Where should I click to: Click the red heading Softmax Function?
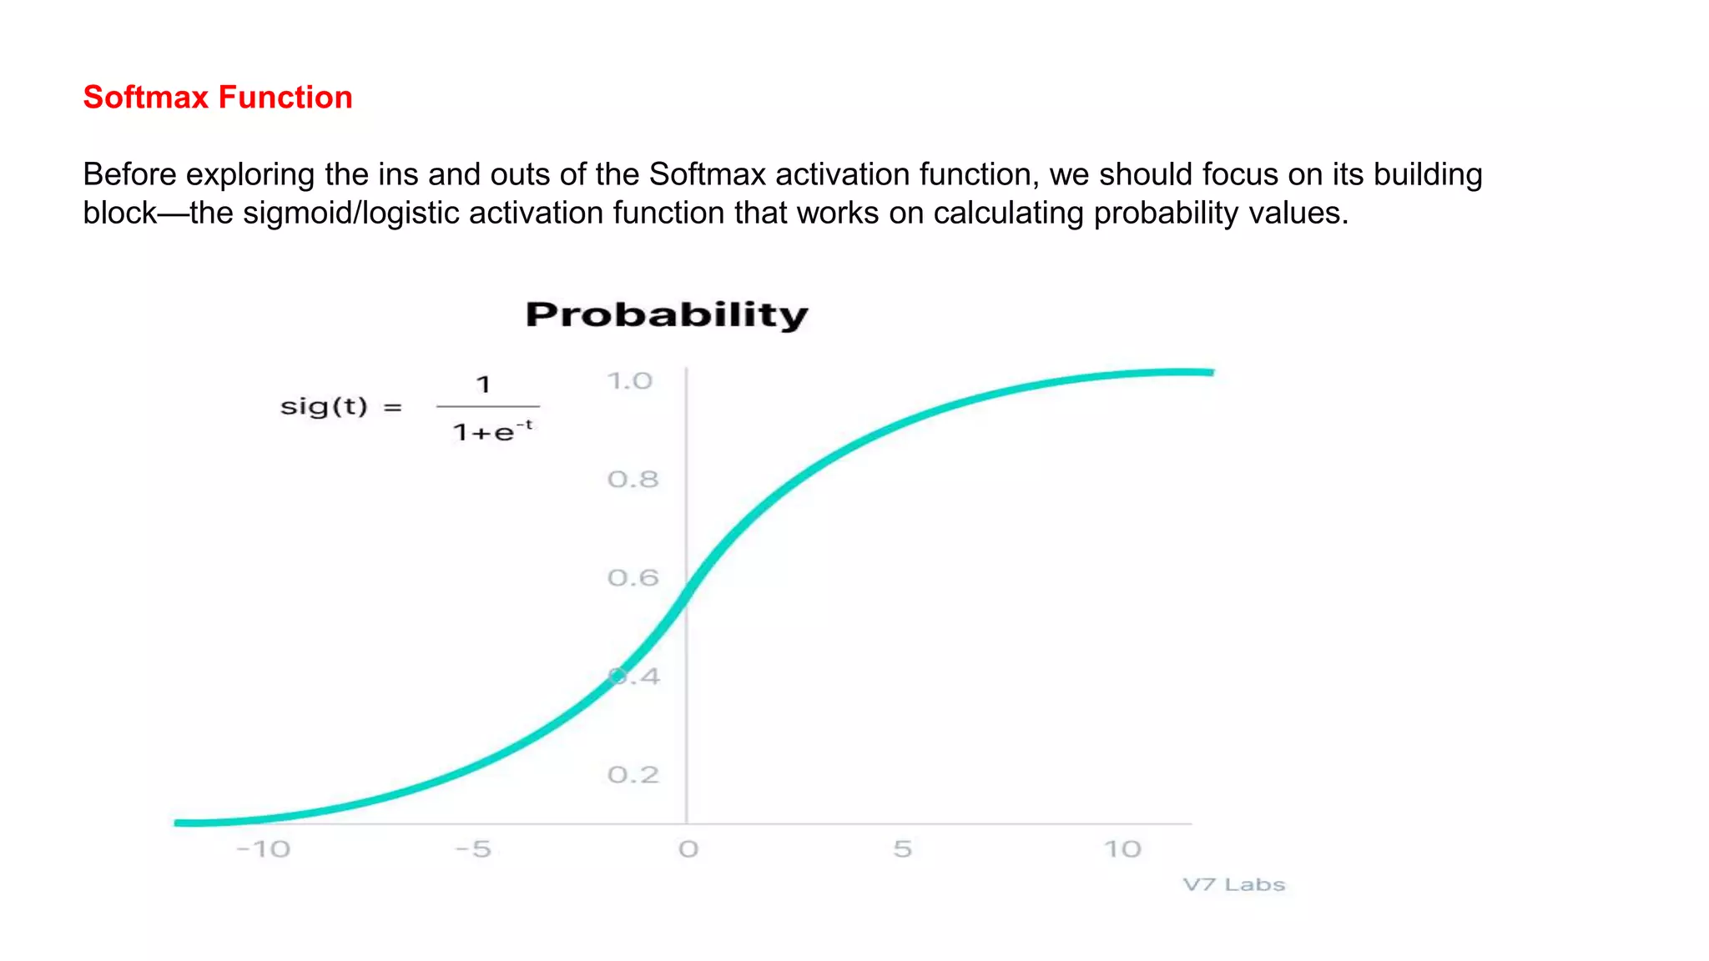pyautogui.click(x=218, y=98)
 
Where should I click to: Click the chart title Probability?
pyautogui.click(x=667, y=315)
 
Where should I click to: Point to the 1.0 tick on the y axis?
pyautogui.click(x=629, y=381)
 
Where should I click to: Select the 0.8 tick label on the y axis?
pyautogui.click(x=633, y=480)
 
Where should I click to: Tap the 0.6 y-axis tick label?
pyautogui.click(x=633, y=578)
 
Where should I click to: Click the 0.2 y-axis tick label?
pyautogui.click(x=633, y=775)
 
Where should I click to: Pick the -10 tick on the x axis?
pyautogui.click(x=264, y=849)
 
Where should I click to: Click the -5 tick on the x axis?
pyautogui.click(x=473, y=849)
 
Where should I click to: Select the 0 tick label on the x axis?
pyautogui.click(x=688, y=849)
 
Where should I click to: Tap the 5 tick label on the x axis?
pyautogui.click(x=902, y=849)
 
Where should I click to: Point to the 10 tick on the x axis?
pyautogui.click(x=1122, y=849)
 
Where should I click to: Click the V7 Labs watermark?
pyautogui.click(x=1233, y=884)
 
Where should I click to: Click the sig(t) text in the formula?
pyautogui.click(x=324, y=407)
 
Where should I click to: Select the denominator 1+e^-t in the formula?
pyautogui.click(x=492, y=431)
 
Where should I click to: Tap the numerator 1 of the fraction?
pyautogui.click(x=483, y=385)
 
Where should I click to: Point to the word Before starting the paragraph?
pyautogui.click(x=129, y=174)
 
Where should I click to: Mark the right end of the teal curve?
pyautogui.click(x=1212, y=372)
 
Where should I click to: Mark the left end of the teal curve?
pyautogui.click(x=177, y=823)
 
